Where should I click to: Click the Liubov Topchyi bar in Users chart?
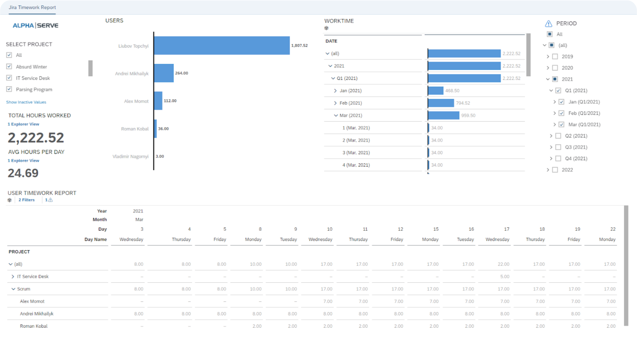[222, 45]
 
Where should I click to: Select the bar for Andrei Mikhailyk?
[164, 73]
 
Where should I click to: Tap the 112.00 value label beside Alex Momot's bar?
[170, 101]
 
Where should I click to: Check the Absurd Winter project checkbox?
[9, 66]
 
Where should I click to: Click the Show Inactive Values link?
[26, 102]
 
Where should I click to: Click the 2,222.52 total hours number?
[36, 138]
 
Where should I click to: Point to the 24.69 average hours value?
[23, 173]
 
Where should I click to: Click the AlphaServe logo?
[35, 25]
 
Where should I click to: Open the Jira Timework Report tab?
[32, 7]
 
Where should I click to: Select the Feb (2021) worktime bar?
[441, 103]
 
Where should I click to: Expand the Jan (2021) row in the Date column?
[335, 91]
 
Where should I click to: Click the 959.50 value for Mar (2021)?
[468, 115]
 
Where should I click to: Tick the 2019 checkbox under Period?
[555, 56]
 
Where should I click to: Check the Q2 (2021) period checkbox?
[558, 136]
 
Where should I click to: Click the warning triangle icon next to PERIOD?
[549, 23]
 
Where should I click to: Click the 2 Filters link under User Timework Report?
[26, 200]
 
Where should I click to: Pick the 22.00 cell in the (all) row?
[503, 264]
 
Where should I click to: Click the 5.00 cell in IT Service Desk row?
[505, 276]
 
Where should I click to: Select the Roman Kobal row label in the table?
[34, 326]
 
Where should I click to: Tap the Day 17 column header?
[506, 229]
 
